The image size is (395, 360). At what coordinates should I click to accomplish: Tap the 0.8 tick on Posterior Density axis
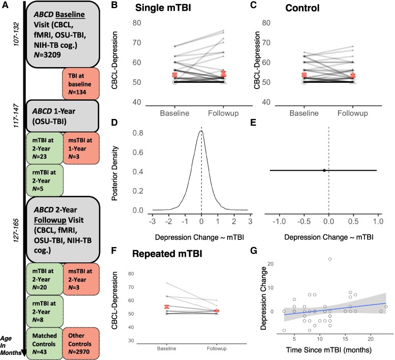point(137,135)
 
